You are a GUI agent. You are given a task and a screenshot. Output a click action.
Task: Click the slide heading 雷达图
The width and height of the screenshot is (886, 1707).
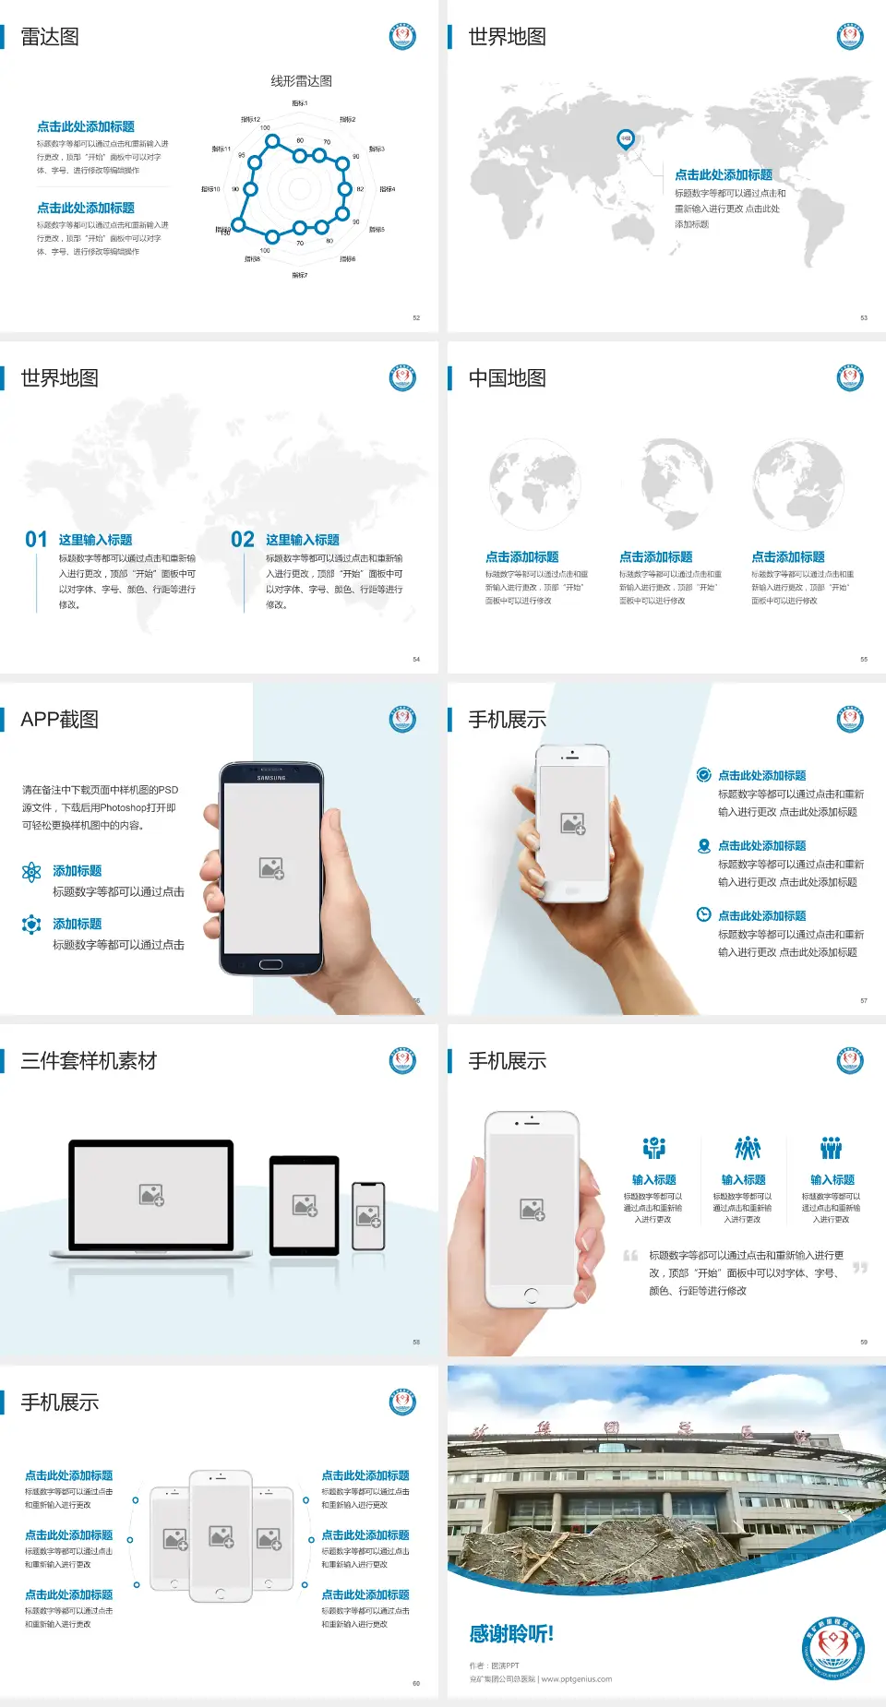(50, 37)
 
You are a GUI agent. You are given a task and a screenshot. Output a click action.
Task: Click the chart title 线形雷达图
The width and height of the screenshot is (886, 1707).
(301, 81)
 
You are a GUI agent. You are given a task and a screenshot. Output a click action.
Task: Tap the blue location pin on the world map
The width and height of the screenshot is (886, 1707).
(626, 139)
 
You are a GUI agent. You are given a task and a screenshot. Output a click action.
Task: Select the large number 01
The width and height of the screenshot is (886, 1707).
(36, 540)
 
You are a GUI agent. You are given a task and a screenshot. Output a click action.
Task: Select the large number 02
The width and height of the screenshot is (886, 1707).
(243, 540)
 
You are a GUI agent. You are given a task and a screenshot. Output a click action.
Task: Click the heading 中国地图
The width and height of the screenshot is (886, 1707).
(507, 378)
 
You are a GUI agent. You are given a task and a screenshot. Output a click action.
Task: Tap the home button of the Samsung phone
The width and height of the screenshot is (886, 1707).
(270, 964)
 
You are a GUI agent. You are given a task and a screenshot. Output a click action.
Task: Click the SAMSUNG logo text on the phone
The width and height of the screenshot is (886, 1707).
(271, 778)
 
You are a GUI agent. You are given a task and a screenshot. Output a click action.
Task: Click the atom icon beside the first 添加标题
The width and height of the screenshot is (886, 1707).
(31, 872)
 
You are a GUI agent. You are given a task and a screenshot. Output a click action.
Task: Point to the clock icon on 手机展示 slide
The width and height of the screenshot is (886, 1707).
(703, 914)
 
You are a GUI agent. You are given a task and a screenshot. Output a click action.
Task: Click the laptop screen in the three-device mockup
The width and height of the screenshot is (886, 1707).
(151, 1194)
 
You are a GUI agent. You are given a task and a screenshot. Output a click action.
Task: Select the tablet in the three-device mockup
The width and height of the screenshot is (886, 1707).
(305, 1204)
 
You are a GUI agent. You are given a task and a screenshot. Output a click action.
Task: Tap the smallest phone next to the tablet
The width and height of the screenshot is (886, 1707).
(368, 1216)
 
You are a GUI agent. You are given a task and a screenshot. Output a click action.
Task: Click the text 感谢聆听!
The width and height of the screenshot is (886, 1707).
(511, 1634)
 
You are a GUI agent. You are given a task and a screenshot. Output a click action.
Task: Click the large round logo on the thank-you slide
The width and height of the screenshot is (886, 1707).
(832, 1647)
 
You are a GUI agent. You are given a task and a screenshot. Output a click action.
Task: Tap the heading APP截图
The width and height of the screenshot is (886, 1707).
(59, 720)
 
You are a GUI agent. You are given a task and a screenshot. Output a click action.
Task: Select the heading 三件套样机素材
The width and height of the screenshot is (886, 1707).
(89, 1061)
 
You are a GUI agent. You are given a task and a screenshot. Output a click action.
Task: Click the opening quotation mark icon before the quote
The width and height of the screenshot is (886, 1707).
(630, 1256)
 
